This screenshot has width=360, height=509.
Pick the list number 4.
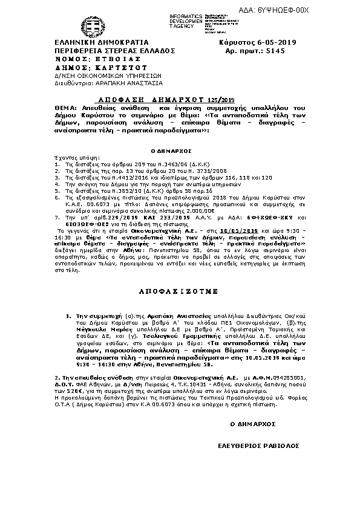click(x=56, y=185)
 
